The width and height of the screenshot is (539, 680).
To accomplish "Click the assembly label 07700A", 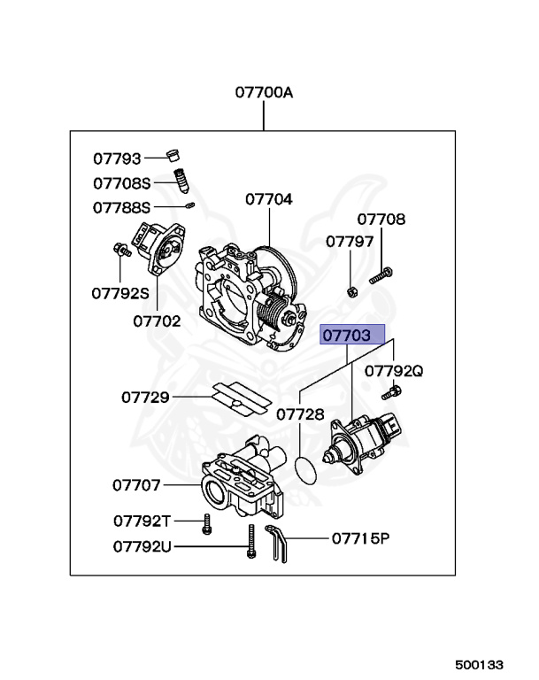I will (263, 91).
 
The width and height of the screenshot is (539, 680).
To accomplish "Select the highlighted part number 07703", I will (352, 336).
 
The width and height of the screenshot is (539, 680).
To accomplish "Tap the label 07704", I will (269, 199).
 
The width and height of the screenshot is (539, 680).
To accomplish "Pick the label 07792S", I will (119, 291).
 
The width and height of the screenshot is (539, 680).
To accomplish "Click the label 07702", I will (157, 321).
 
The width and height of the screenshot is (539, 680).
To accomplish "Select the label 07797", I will (350, 241).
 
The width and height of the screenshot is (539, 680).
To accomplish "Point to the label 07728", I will (300, 414).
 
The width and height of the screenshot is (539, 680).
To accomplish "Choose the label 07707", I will (136, 485).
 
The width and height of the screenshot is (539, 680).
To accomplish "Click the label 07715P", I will (360, 537).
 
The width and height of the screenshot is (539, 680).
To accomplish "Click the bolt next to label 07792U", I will (252, 541).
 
